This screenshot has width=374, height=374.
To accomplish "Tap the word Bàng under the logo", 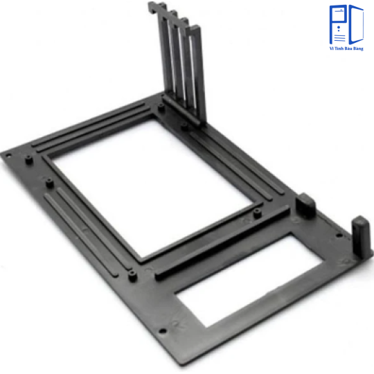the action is coord(358,48).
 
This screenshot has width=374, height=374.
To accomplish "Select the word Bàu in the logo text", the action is coord(348,48).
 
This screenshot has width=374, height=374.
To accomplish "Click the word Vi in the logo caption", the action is coord(332,48).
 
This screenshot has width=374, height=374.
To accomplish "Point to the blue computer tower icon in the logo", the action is coord(338,24).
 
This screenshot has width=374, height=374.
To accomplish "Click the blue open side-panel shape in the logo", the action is coord(356,24).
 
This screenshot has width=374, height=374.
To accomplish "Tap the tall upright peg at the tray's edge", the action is coord(361,238).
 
